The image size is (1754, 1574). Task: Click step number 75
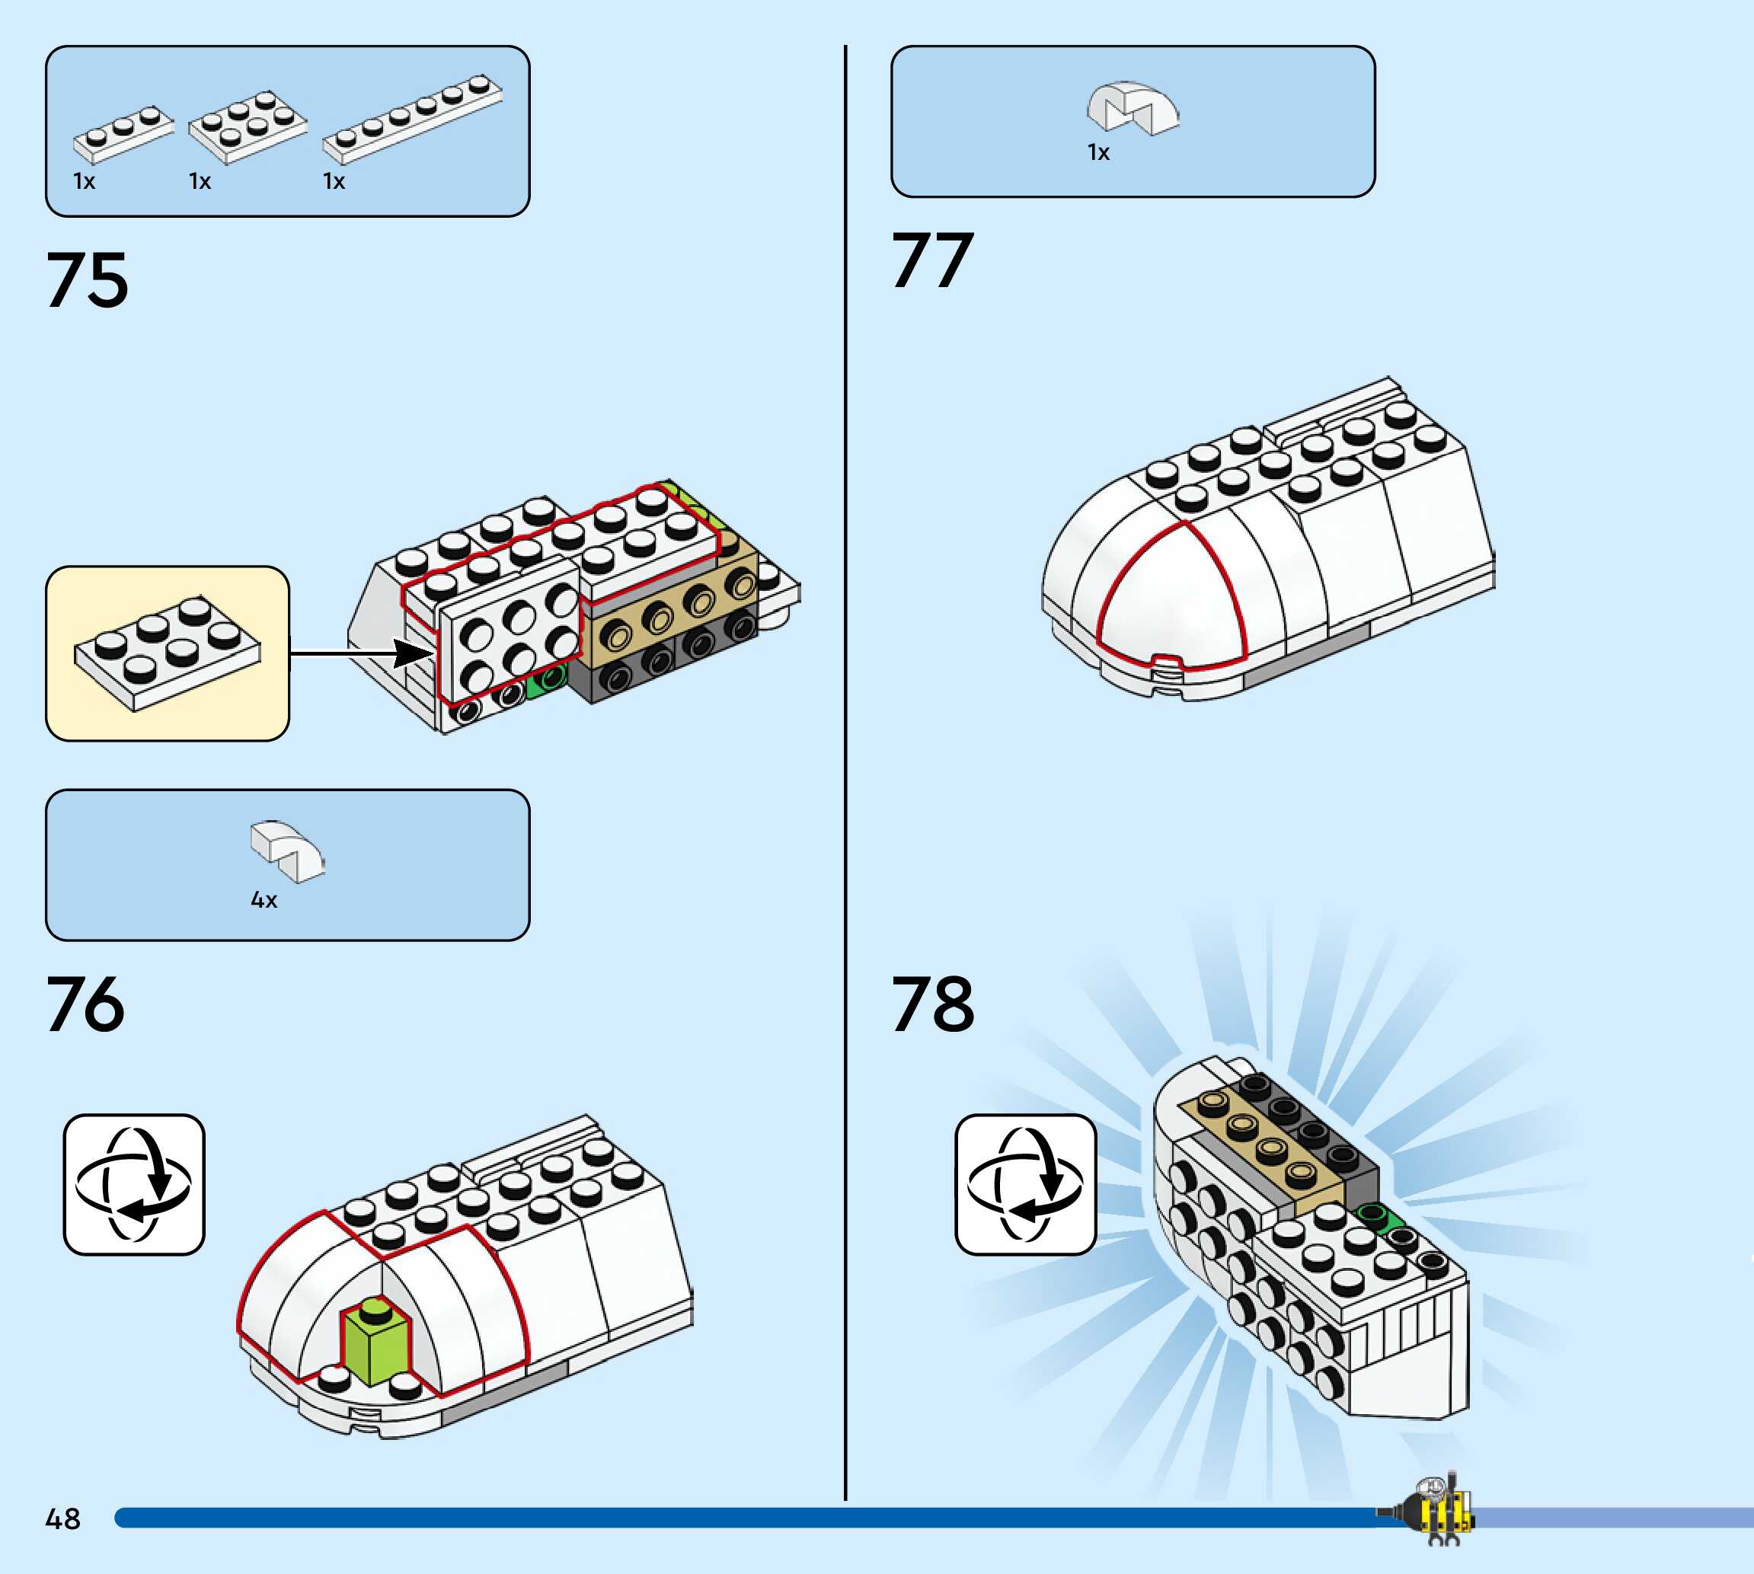[x=88, y=279]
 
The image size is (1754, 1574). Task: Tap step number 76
[x=85, y=1004]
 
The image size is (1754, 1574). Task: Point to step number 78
[x=932, y=1004]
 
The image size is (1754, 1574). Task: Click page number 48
[x=62, y=1518]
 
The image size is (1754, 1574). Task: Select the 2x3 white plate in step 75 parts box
[x=248, y=126]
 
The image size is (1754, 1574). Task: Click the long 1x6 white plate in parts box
[x=412, y=120]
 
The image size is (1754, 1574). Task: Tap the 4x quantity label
[x=264, y=900]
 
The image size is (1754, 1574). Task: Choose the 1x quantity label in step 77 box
[x=1098, y=153]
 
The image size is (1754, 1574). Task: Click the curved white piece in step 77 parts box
[x=1133, y=108]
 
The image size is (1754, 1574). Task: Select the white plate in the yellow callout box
[x=168, y=653]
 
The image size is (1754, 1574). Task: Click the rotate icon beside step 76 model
[x=134, y=1184]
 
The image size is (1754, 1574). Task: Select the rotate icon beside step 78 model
[x=1026, y=1184]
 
